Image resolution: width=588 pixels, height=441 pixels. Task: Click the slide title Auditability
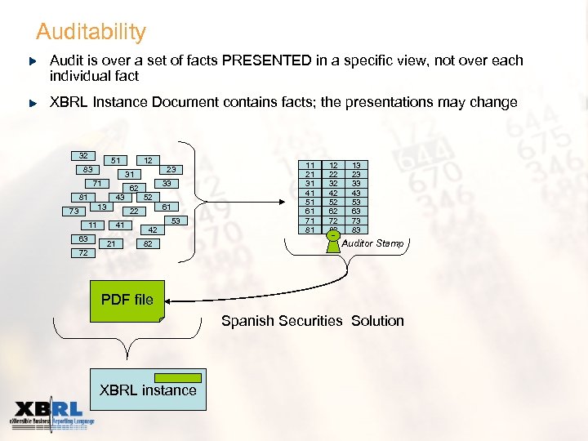pos(91,33)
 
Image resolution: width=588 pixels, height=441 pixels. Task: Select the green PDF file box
pos(127,301)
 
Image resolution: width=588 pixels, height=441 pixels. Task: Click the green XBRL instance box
pos(148,391)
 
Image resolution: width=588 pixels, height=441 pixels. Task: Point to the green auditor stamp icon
pos(333,236)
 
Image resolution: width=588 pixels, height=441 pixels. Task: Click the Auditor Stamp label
pos(372,243)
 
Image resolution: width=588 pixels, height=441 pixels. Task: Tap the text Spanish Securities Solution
pos(312,321)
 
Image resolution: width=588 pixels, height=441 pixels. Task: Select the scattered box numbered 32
pos(83,156)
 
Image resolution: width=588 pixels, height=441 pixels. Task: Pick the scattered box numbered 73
pos(73,212)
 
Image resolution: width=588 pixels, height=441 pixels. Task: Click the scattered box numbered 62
pos(133,188)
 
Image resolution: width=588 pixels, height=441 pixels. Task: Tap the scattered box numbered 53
pos(174,220)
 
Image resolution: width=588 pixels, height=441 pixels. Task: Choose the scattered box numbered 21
pos(110,243)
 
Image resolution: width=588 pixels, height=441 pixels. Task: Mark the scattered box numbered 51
pos(117,160)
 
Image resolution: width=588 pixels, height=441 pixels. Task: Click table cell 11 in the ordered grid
pos(310,165)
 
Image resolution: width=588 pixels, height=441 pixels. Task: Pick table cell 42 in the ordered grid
pos(333,193)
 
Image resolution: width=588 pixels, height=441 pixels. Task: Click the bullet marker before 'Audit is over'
pos(33,61)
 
